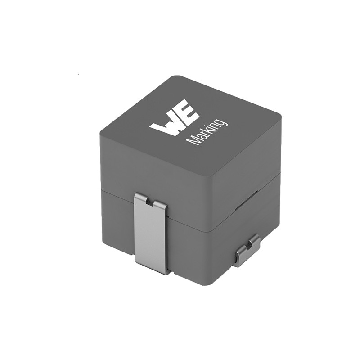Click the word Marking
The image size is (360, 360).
[x=207, y=131]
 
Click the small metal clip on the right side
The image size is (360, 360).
[x=247, y=250]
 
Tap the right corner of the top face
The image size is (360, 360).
[x=280, y=116]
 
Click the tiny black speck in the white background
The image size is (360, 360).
[x=78, y=73]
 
